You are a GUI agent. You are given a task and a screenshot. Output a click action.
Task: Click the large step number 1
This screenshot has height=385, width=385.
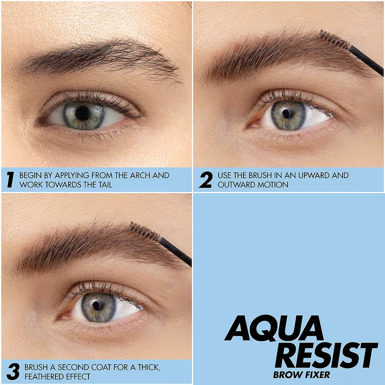[x=10, y=180]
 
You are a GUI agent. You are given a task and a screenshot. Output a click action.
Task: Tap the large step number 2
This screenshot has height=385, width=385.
[x=206, y=180]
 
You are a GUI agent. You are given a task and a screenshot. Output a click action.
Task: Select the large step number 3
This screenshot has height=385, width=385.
[x=13, y=372]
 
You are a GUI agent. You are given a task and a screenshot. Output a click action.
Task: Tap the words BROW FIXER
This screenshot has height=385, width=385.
[x=302, y=375]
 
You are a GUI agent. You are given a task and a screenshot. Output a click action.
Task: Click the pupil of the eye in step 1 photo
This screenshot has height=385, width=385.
[x=83, y=114]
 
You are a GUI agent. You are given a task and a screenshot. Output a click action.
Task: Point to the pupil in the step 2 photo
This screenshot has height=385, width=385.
[x=287, y=114]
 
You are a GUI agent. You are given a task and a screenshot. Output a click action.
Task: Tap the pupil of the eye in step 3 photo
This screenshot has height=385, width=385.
[x=97, y=305]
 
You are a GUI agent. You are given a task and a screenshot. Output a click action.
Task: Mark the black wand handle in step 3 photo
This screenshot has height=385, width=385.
[x=175, y=252]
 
